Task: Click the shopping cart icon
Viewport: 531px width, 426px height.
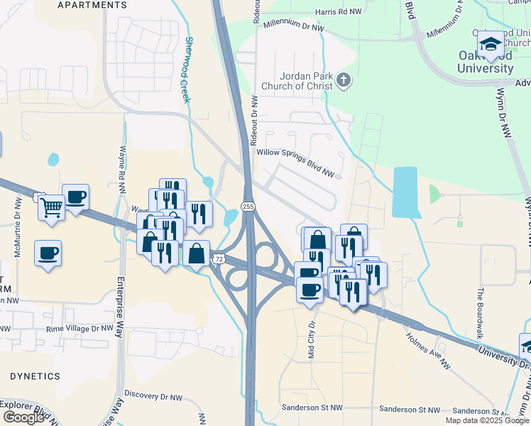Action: pos(51,208)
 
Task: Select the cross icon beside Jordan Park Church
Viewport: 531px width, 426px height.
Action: pos(344,80)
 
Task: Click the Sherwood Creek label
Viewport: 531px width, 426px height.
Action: pos(187,70)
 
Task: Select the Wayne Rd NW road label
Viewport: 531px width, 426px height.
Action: pos(122,170)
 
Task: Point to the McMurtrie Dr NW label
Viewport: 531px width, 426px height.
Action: pos(18,217)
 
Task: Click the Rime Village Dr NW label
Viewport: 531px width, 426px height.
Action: pos(79,329)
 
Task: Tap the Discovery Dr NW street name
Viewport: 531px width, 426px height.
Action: pos(153,395)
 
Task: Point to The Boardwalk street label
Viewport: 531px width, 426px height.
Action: pos(480,312)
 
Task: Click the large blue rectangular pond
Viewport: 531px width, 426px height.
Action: pos(405,192)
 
